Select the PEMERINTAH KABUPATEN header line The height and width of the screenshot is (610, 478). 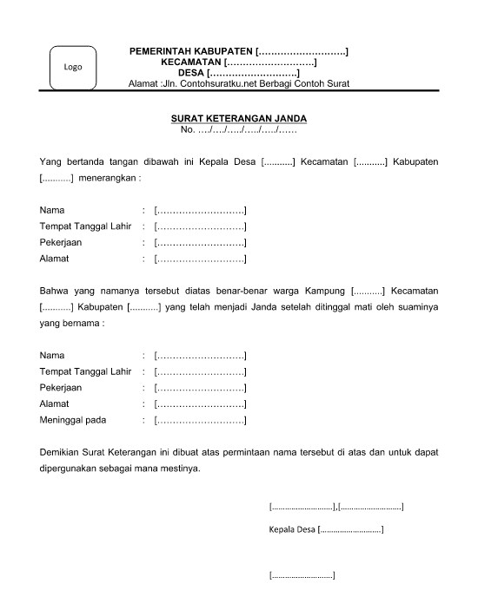(238, 52)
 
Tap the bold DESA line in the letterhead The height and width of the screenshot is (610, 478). (238, 73)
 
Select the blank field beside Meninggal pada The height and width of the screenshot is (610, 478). (199, 420)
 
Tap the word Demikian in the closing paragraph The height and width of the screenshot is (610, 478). (63, 453)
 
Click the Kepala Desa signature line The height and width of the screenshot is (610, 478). (327, 528)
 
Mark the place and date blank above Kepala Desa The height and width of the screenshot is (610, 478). (336, 505)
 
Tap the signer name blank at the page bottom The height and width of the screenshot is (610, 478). (302, 574)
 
